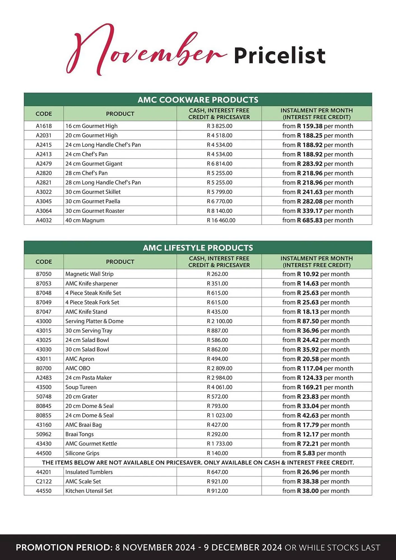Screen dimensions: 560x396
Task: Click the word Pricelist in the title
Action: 279,55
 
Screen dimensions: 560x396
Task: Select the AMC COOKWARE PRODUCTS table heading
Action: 198,100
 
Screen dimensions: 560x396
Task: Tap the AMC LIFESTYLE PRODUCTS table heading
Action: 198,248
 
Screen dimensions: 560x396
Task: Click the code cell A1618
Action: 44,126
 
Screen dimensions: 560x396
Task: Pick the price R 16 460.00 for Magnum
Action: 221,220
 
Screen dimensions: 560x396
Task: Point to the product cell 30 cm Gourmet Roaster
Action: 95,211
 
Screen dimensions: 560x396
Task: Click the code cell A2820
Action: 44,173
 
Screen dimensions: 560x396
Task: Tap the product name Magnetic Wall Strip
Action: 89,274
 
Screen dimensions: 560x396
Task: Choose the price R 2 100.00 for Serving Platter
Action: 220,321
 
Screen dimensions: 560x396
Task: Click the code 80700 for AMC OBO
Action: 44,368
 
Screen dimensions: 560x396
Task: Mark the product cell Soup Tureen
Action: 81,387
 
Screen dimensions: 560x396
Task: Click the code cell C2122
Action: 44,481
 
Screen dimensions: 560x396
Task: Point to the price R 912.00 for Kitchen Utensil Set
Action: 217,491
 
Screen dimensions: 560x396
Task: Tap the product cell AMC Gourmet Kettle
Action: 91,444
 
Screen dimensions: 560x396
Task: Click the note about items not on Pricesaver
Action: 198,463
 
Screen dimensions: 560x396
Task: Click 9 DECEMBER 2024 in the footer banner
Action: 243,547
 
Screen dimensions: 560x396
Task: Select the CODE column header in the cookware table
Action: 44,114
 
